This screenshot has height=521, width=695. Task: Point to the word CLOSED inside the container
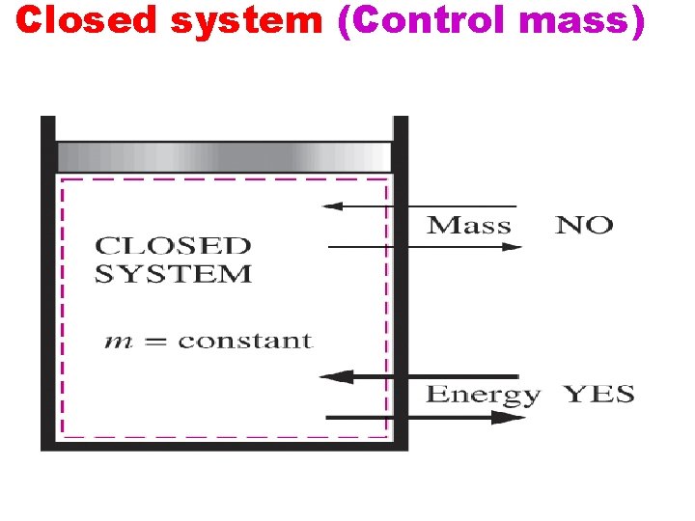pyautogui.click(x=173, y=247)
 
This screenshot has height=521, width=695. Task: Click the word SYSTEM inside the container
pyautogui.click(x=173, y=274)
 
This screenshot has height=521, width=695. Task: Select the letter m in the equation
pyautogui.click(x=115, y=342)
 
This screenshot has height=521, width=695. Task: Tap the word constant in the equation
pyautogui.click(x=245, y=341)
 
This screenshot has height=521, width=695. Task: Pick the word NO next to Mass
pyautogui.click(x=584, y=226)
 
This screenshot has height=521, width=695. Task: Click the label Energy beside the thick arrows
pyautogui.click(x=483, y=395)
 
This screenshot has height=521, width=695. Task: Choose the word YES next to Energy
pyautogui.click(x=598, y=394)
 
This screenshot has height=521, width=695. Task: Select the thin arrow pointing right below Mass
pyautogui.click(x=425, y=248)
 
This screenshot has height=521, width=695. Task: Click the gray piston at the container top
pyautogui.click(x=224, y=156)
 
